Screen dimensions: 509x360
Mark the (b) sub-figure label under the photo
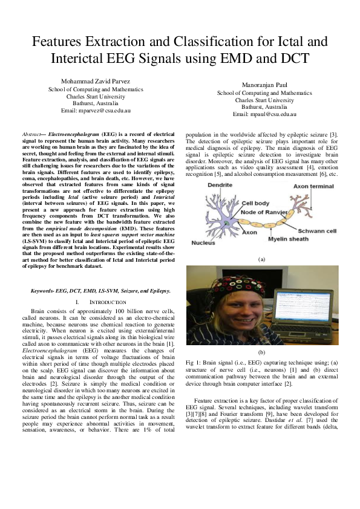[x=261, y=352]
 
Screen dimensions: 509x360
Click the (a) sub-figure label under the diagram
[x=262, y=258]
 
